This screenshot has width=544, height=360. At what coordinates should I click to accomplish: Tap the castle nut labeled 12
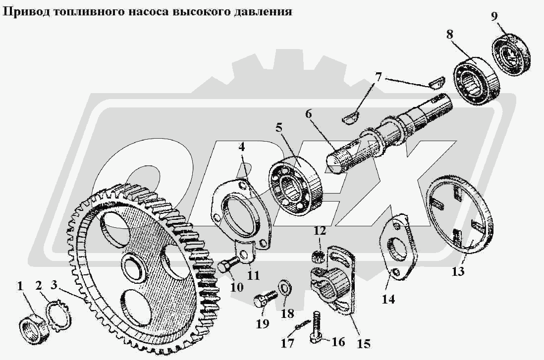click(320, 256)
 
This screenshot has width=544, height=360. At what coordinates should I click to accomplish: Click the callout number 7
click(378, 77)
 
